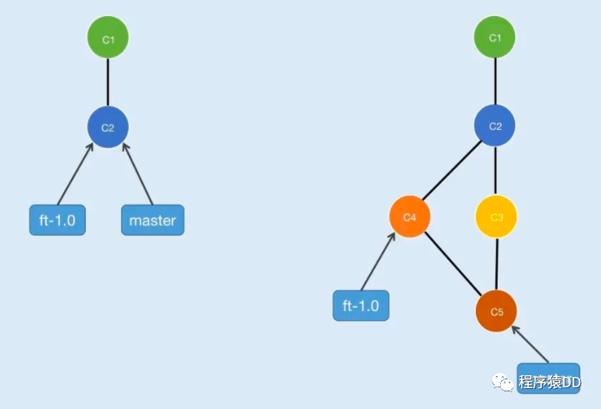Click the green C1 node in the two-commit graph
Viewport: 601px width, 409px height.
[x=108, y=38]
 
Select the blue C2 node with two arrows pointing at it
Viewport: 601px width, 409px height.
[x=108, y=127]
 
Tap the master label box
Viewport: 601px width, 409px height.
[x=152, y=220]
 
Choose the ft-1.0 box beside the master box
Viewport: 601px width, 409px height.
[x=57, y=220]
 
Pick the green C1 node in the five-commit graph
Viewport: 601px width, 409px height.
[x=494, y=37]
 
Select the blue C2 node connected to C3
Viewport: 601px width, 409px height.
[x=494, y=126]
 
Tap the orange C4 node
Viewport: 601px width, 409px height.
[x=409, y=217]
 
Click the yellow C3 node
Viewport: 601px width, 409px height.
[x=496, y=217]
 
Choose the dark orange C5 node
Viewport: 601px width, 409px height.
[x=496, y=312]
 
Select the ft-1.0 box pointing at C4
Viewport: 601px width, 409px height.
[x=361, y=306]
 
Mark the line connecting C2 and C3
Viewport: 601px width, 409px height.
[x=495, y=171]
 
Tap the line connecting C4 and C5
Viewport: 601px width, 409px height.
[x=452, y=264]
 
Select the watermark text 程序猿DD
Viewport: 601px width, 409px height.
[x=550, y=383]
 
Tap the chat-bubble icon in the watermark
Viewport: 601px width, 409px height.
[x=504, y=383]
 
